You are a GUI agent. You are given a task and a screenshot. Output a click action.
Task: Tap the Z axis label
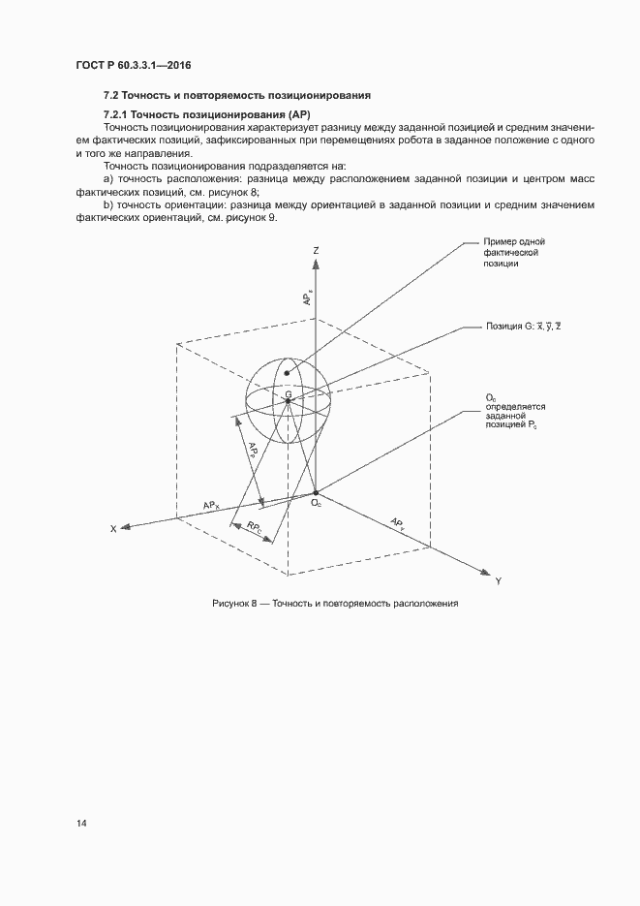(x=316, y=250)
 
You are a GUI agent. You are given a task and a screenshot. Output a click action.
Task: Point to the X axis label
(x=113, y=529)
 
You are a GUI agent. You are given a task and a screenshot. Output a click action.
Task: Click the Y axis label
(x=498, y=580)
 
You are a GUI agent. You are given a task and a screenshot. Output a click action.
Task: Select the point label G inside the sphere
(x=289, y=393)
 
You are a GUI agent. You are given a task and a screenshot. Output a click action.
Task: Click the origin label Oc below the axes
(x=316, y=502)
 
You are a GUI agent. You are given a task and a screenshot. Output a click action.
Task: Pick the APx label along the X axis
(x=211, y=505)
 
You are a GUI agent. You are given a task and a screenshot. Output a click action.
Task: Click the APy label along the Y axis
(x=397, y=523)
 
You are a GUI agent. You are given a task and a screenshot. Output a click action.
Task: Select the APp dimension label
(x=252, y=452)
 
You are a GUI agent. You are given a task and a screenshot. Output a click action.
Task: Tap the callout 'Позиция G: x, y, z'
(x=523, y=328)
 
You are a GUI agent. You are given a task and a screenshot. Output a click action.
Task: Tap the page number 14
(x=81, y=824)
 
